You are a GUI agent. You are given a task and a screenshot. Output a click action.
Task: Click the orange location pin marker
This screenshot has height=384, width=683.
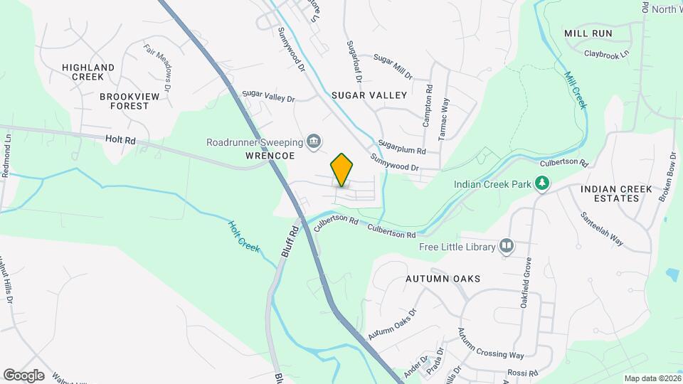[341, 170]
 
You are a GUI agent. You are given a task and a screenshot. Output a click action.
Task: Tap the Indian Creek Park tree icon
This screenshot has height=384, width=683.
[542, 183]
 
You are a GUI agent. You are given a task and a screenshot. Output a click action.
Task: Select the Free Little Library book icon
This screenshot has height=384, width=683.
[507, 246]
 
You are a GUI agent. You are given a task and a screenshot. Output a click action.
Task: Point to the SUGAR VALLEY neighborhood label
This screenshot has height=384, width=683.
[369, 95]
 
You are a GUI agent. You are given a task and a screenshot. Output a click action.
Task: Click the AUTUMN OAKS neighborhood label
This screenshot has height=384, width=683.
[443, 279]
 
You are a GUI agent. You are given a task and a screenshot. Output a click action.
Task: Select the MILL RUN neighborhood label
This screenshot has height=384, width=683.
[588, 33]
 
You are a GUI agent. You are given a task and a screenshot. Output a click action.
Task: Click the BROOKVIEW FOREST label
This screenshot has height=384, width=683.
[125, 101]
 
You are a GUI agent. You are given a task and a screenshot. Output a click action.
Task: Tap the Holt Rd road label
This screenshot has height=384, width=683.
[120, 141]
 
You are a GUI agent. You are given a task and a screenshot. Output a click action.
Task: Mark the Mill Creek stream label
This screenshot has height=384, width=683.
[576, 90]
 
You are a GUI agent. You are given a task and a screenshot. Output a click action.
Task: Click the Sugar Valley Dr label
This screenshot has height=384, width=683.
[268, 95]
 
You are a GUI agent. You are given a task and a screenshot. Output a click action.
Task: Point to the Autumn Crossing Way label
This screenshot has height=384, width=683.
[490, 344]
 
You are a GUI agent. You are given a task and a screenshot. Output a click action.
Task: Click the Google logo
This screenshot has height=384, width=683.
[23, 375]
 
